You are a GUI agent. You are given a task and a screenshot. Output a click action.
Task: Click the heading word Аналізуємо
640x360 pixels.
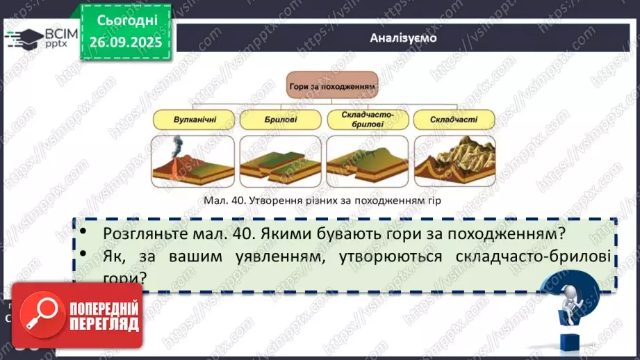403,38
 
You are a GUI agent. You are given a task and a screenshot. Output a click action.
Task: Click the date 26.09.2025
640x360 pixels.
125,42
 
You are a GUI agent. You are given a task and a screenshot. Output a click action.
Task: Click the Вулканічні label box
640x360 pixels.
194,120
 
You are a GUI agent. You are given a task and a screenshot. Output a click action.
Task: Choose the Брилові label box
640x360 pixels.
280,120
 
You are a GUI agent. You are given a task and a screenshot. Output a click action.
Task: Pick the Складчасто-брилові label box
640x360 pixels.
367,119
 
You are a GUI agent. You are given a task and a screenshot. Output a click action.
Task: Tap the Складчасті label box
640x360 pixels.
454,120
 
